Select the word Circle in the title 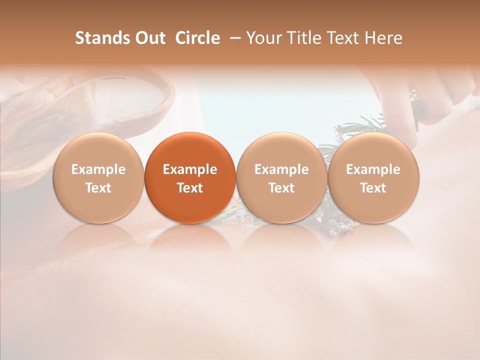(x=197, y=38)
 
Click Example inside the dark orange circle (x=190, y=169)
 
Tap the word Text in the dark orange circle (x=190, y=188)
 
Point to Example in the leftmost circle (x=98, y=169)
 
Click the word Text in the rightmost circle (x=373, y=188)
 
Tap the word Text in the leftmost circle (x=98, y=188)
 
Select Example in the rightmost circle (x=373, y=169)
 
